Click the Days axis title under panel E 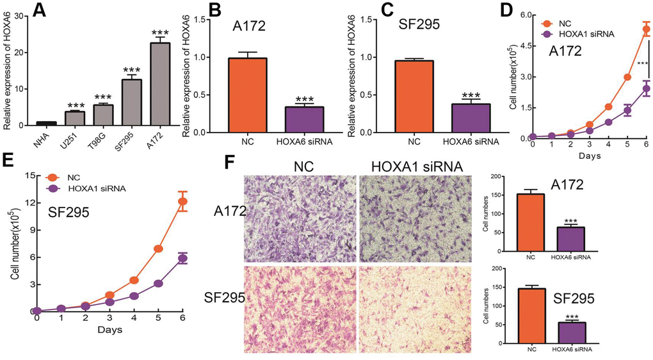(109, 331)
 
